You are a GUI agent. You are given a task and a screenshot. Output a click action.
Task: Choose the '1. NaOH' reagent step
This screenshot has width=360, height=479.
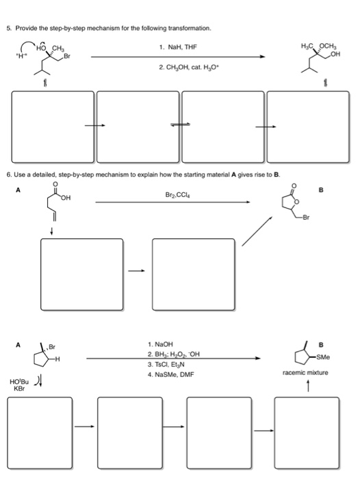point(160,344)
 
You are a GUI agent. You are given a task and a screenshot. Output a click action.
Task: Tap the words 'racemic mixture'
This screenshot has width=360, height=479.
point(305,373)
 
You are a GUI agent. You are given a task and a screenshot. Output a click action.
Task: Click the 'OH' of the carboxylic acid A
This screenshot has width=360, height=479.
point(66,200)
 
